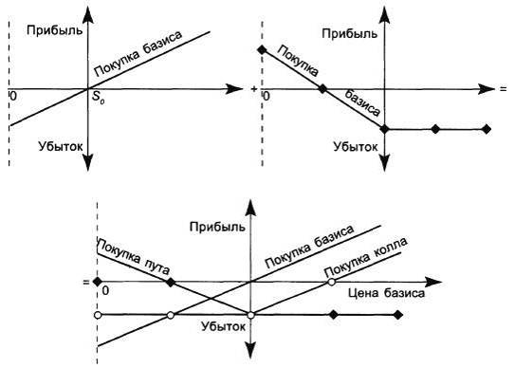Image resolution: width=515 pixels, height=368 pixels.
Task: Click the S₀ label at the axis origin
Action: tap(99, 98)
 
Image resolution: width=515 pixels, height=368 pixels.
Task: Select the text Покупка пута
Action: tap(134, 257)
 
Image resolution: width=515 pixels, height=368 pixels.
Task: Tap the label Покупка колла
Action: tap(365, 257)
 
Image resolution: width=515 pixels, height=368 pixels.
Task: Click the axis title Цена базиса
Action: tap(386, 293)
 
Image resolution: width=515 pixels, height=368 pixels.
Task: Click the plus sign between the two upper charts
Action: tap(253, 89)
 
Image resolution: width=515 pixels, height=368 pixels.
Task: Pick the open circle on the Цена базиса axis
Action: tap(332, 282)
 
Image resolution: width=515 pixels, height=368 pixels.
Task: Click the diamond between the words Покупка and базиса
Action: tap(323, 88)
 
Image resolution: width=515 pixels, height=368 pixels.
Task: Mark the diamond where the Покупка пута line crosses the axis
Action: tap(171, 282)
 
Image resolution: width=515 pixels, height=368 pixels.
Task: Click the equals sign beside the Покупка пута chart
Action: tap(86, 282)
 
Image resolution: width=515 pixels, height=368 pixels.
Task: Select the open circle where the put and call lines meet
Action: tap(250, 315)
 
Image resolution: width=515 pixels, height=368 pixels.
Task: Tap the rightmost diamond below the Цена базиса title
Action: tap(398, 315)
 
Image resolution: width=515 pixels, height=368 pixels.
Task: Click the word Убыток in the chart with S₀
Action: tap(61, 146)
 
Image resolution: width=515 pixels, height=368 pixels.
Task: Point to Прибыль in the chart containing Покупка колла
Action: tap(217, 227)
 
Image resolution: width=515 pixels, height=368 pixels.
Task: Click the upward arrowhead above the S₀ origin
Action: tap(87, 15)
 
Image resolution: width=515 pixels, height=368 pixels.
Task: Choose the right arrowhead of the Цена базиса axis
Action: tap(432, 282)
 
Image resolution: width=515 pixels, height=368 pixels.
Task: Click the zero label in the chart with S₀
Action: tap(13, 97)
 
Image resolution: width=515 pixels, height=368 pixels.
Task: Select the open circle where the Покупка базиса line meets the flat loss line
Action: tap(170, 315)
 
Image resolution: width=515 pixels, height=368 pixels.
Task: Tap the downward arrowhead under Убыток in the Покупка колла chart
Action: tap(250, 350)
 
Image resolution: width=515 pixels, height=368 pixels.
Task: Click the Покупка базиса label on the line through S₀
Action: tap(138, 54)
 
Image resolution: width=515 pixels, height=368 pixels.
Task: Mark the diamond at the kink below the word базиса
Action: tap(384, 129)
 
